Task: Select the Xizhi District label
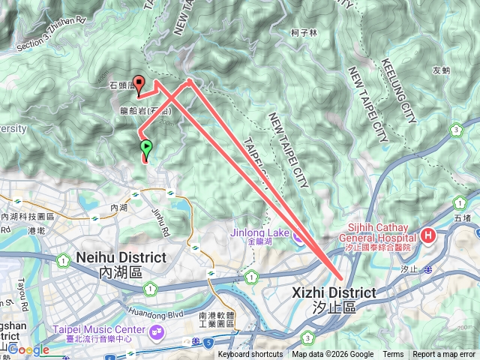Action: coord(333,292)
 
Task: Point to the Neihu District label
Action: coord(121,257)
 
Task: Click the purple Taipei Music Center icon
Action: coord(157,331)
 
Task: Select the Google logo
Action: coord(28,349)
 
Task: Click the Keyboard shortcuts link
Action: coord(250,355)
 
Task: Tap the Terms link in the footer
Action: coord(393,355)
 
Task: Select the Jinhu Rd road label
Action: coord(157,209)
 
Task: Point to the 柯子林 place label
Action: coord(304,33)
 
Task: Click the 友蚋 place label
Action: coord(441,71)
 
